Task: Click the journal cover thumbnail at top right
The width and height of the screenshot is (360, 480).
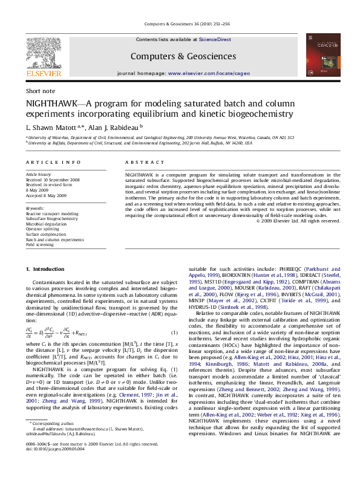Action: pos(320,55)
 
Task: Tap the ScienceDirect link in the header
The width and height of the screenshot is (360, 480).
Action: pos(216,39)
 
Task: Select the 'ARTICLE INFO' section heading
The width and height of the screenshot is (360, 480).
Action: pos(53,163)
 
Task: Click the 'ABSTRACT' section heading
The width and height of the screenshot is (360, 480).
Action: pos(140,163)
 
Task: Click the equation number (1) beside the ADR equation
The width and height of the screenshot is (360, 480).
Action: pos(174,334)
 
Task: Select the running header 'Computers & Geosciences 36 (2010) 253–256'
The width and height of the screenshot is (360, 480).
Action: pos(180,24)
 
